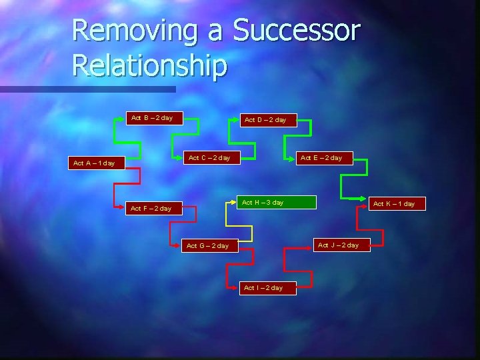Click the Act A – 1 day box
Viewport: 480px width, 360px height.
[94, 163]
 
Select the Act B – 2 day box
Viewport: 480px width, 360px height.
[151, 118]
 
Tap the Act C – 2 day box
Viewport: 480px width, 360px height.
[209, 158]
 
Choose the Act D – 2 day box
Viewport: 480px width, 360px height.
[265, 120]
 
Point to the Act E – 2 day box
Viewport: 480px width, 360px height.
[321, 158]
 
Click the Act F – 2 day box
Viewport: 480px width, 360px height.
[151, 209]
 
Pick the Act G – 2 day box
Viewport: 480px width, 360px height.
[207, 246]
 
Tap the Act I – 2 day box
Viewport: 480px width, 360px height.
[263, 288]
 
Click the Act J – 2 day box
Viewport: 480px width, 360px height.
[338, 245]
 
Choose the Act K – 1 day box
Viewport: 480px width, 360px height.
[393, 204]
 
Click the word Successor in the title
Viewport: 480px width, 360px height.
[297, 31]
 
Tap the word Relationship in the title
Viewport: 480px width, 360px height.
[149, 65]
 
